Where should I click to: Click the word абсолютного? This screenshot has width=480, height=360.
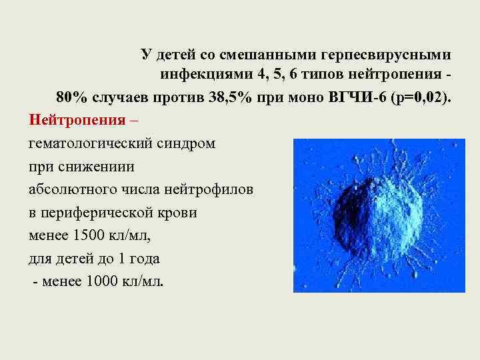[71, 189]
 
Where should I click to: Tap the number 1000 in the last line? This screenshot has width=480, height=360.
[102, 281]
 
